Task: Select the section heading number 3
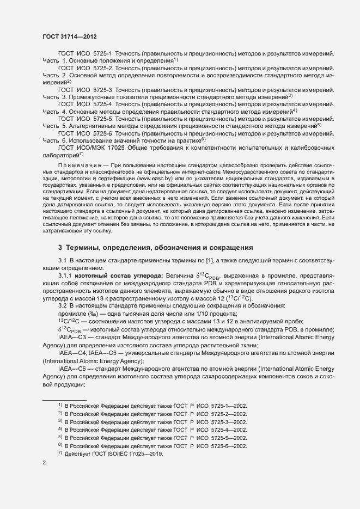(60, 247)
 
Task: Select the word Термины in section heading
(88, 247)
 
